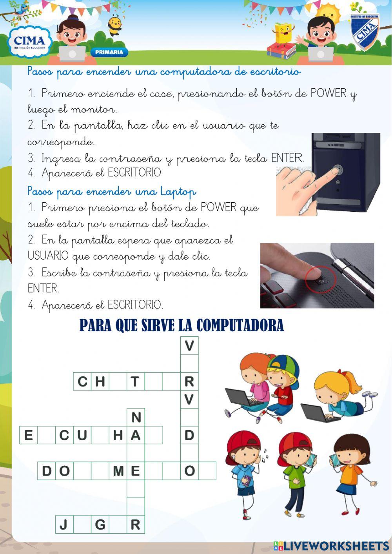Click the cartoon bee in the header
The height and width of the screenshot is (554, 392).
click(115, 24)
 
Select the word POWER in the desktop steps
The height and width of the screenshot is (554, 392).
click(328, 94)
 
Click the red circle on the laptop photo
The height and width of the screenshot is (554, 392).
click(321, 280)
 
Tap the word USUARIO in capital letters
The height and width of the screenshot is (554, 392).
click(48, 256)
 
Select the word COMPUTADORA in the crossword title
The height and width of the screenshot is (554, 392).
click(240, 325)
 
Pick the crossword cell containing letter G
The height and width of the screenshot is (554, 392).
click(100, 524)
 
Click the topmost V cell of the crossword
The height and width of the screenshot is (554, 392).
click(189, 345)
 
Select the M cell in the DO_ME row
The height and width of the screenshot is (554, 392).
click(118, 470)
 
